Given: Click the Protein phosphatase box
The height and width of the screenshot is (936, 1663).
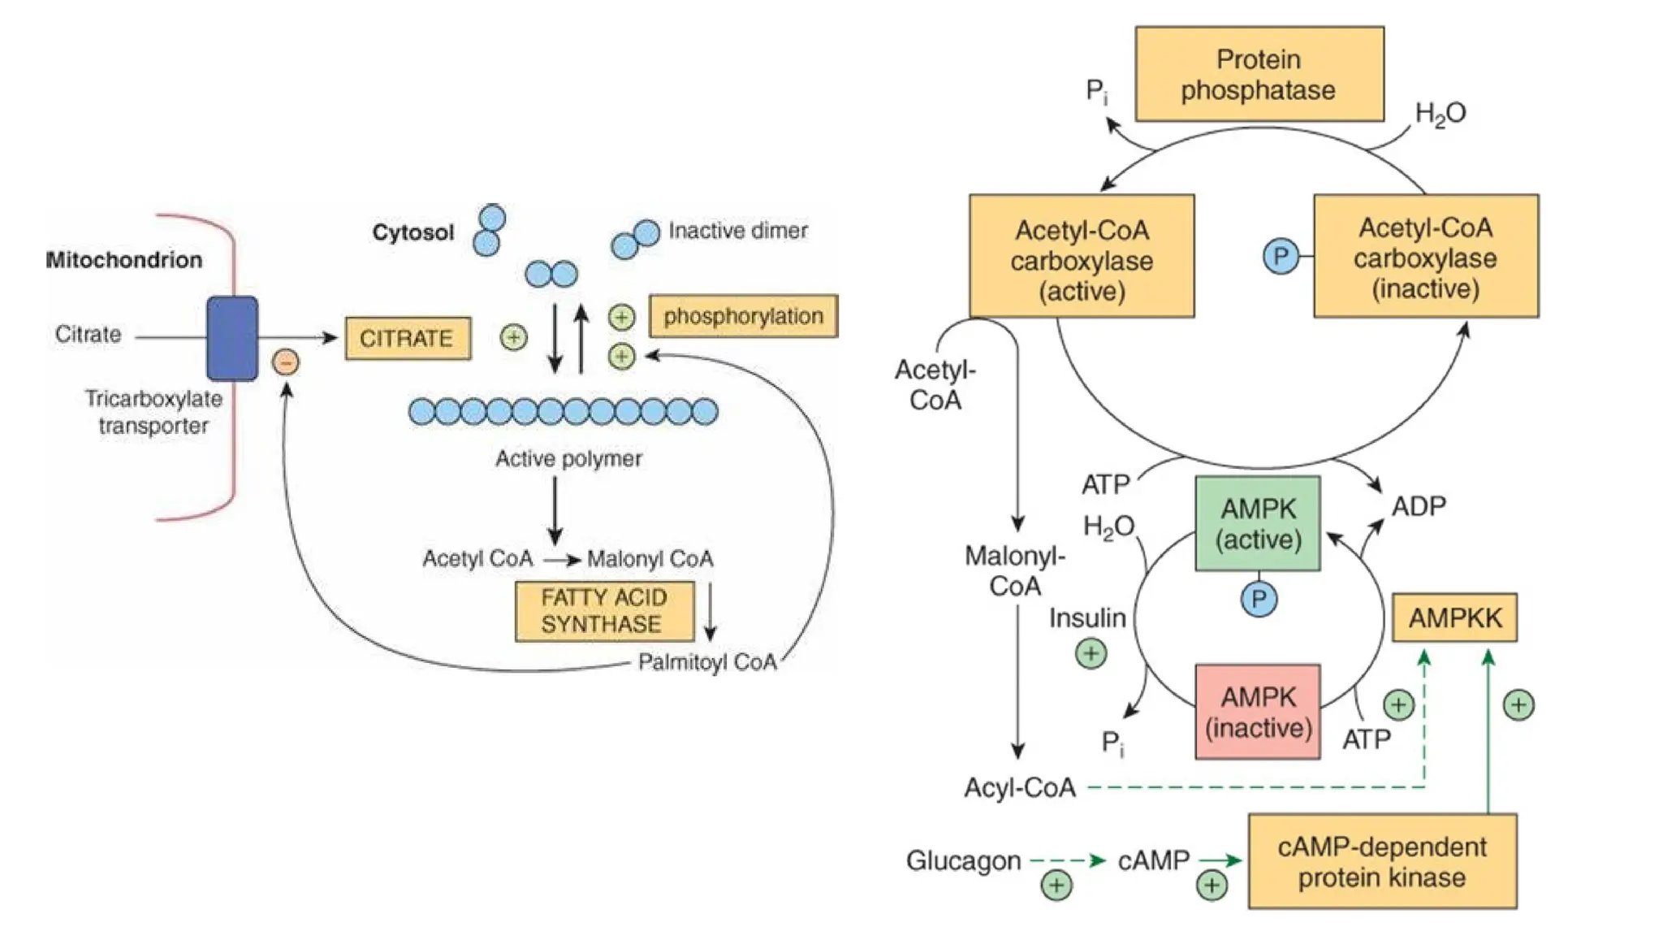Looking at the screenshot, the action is (x=1259, y=74).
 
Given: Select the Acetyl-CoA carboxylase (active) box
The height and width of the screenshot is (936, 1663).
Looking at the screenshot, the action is (x=1082, y=256).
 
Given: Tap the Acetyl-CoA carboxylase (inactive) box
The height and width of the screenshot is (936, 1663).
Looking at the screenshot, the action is (x=1426, y=256).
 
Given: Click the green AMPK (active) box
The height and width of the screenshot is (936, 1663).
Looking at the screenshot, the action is (x=1258, y=523).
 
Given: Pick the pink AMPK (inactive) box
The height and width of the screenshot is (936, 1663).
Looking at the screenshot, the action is (x=1258, y=712).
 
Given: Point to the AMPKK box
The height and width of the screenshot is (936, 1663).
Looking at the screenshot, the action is (x=1454, y=617).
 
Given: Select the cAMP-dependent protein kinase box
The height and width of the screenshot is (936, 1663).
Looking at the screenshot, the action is (x=1382, y=861).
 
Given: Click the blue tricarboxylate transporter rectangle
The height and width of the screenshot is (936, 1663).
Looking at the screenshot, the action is (x=232, y=338).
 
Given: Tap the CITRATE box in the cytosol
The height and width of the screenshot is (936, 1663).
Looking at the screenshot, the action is (x=408, y=338).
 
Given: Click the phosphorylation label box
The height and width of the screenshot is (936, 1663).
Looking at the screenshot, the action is (x=743, y=316).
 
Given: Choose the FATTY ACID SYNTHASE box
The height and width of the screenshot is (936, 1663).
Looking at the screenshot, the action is (x=604, y=611).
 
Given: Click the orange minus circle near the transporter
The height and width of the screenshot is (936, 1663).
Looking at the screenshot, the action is (x=286, y=362).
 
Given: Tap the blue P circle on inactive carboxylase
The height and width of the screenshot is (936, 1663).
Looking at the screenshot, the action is (x=1281, y=257).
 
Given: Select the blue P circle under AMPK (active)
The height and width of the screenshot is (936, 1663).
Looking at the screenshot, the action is (x=1259, y=600).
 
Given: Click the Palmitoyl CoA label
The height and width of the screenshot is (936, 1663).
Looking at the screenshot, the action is (x=707, y=662).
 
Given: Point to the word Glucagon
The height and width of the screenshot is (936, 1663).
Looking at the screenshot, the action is (x=963, y=860).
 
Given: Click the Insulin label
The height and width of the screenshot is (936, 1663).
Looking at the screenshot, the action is (x=1086, y=618).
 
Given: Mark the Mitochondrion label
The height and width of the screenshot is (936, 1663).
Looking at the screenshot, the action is (x=124, y=260).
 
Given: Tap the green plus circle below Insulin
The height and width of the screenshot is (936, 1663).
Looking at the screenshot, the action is (x=1091, y=653).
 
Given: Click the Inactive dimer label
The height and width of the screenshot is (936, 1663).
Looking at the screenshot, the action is (x=737, y=231).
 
